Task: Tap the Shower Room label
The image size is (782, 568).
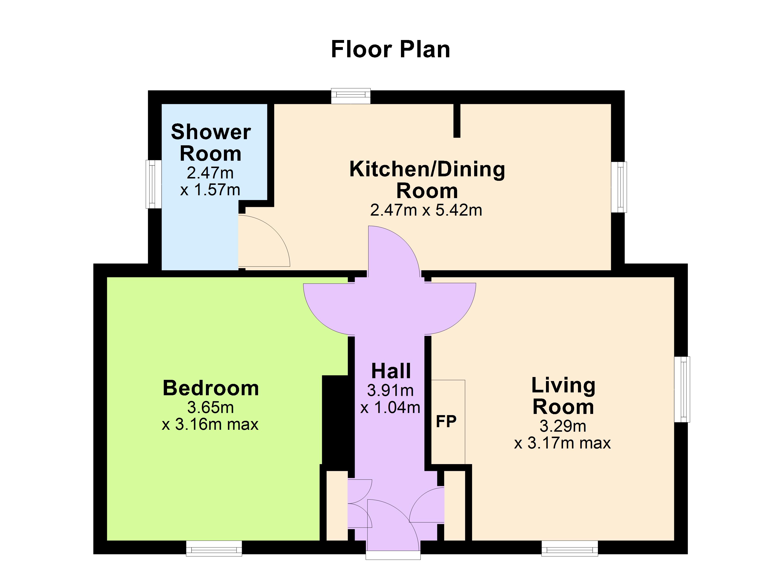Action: click(x=211, y=142)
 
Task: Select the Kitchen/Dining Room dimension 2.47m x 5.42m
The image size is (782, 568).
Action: click(x=426, y=210)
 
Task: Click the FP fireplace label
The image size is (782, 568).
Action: click(x=446, y=421)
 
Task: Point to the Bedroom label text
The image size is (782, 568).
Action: click(x=211, y=388)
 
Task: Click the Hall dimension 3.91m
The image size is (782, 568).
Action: click(x=390, y=390)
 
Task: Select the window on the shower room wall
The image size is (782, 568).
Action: click(x=153, y=184)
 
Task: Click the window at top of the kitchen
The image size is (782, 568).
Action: click(x=351, y=96)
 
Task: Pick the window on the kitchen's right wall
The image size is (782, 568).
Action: click(x=619, y=187)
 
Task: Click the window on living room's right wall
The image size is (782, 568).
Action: click(x=682, y=390)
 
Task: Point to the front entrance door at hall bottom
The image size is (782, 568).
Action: click(x=393, y=527)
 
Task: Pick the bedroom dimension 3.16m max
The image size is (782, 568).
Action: click(x=210, y=424)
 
